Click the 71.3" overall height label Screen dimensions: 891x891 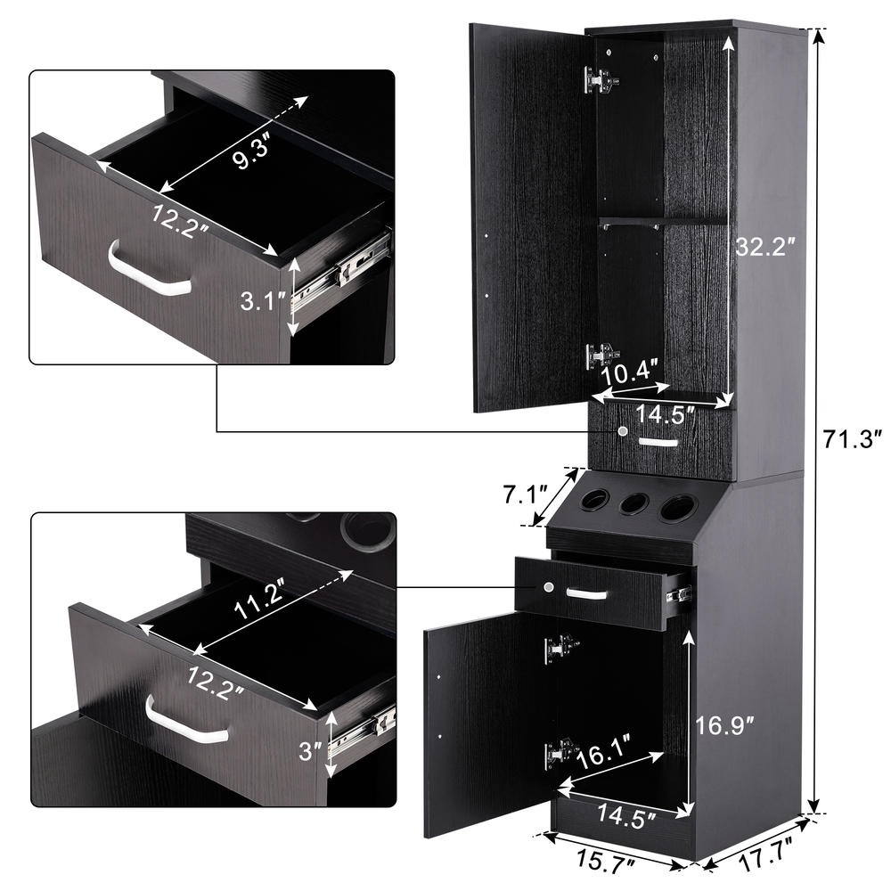tap(851, 438)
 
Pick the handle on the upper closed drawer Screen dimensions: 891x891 tap(658, 442)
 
